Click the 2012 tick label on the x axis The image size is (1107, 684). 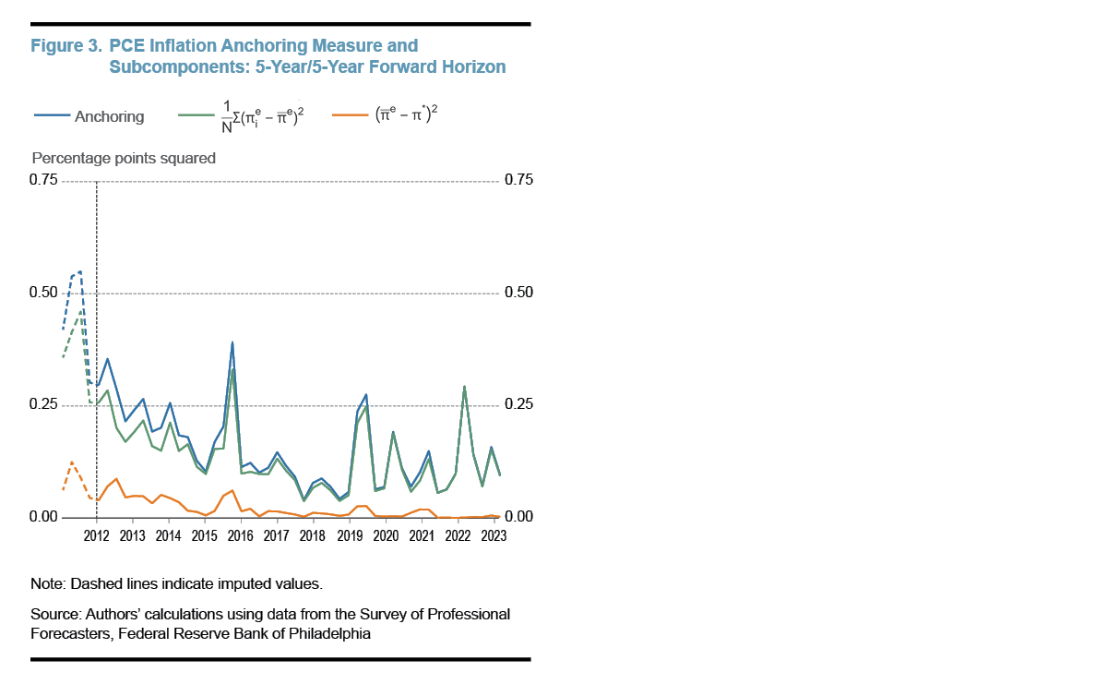[x=96, y=535]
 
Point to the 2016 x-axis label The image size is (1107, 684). [x=240, y=535]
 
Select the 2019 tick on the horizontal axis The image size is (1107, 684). [x=349, y=535]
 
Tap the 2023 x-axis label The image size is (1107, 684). [x=494, y=535]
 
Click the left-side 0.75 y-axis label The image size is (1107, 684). [x=44, y=180]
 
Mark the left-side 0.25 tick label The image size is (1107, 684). [x=44, y=406]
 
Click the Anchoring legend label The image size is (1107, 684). [x=109, y=116]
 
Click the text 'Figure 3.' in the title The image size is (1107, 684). [x=66, y=45]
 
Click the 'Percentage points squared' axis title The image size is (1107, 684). [x=124, y=158]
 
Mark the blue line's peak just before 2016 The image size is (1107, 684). [x=232, y=342]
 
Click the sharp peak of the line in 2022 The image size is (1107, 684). [x=464, y=387]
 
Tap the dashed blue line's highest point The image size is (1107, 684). [x=80, y=271]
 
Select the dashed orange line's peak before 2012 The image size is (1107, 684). [x=72, y=461]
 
